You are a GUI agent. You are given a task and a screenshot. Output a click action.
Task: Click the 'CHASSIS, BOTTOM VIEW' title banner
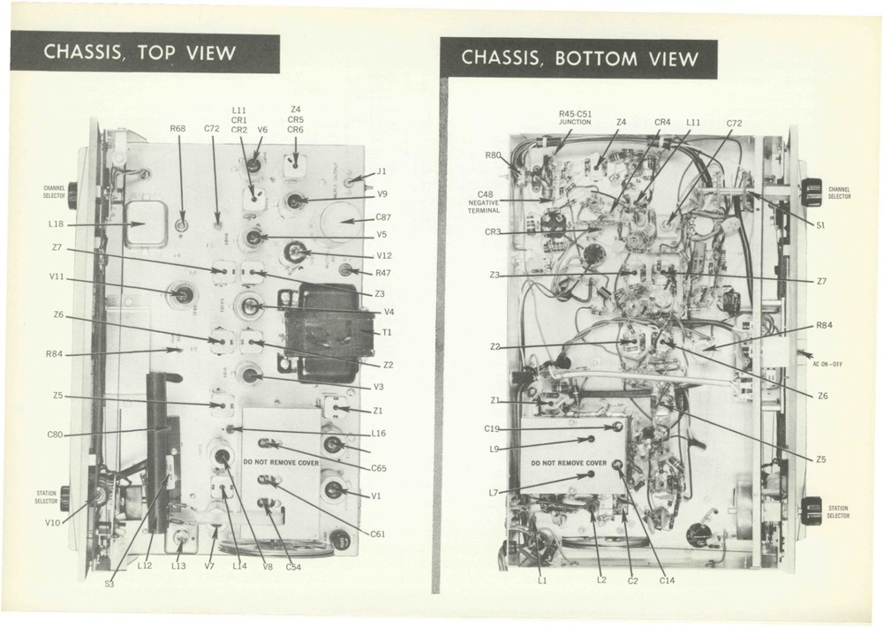(580, 58)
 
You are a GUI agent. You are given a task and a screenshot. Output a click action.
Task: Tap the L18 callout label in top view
(56, 225)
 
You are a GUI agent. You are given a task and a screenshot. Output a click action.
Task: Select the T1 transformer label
(385, 331)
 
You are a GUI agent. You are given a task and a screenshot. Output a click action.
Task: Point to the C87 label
(383, 217)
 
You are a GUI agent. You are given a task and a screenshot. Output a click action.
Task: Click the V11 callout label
(57, 277)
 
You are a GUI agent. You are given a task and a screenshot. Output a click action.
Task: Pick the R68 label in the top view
(177, 129)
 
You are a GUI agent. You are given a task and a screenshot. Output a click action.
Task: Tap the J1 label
(382, 171)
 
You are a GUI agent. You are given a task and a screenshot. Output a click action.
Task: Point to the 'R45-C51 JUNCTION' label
(575, 117)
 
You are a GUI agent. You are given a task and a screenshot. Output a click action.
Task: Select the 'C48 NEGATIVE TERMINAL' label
(485, 202)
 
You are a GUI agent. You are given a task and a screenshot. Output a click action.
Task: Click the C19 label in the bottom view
(492, 428)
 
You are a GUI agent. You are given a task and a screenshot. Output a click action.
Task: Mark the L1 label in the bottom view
(542, 580)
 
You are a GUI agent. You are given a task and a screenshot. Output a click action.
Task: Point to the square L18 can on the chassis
(148, 223)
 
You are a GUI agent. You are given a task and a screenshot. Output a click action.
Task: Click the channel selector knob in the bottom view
(810, 192)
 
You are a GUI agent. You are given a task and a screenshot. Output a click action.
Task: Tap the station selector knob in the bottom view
(810, 511)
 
